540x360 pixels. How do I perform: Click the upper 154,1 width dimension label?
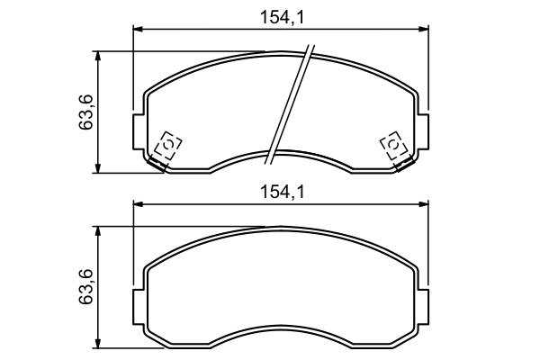coord(281,15)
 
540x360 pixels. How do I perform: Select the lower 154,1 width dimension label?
coord(281,191)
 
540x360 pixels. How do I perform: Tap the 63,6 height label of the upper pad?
coord(87,111)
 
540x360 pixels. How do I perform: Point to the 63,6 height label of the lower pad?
coord(87,285)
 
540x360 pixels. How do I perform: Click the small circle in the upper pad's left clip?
coord(168,144)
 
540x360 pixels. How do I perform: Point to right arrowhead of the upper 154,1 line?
coord(424,30)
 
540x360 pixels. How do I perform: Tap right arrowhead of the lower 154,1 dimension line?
coord(424,205)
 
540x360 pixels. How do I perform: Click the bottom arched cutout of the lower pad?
coord(281,328)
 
